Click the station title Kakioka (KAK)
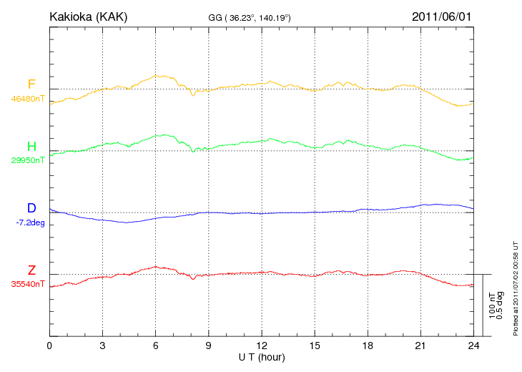click(x=88, y=16)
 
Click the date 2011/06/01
click(x=442, y=16)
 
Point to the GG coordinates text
click(x=250, y=16)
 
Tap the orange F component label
click(x=31, y=85)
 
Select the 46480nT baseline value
click(x=28, y=99)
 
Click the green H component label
click(x=31, y=147)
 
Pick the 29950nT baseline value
click(x=28, y=160)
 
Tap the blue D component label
click(x=31, y=208)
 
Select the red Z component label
click(x=31, y=270)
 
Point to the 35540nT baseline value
click(x=28, y=284)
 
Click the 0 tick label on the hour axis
click(x=49, y=346)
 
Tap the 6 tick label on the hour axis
click(x=155, y=346)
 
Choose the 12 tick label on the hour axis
click(x=261, y=346)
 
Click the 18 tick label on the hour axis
click(x=367, y=346)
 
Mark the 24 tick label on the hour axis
click(x=473, y=346)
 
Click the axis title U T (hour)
click(x=262, y=356)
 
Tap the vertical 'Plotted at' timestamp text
click(x=516, y=288)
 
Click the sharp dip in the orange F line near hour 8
click(x=193, y=94)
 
